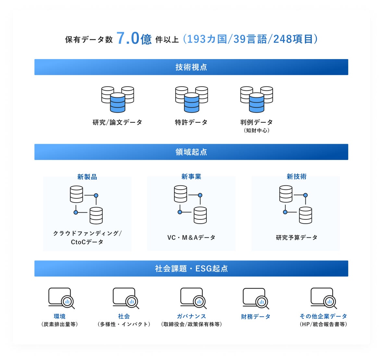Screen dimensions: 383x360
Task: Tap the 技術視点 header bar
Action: click(191, 67)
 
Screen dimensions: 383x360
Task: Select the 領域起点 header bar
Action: click(191, 152)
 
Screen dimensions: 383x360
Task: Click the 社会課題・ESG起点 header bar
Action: click(191, 268)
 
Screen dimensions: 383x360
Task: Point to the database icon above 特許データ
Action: click(191, 99)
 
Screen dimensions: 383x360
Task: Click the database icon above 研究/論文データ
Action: click(117, 99)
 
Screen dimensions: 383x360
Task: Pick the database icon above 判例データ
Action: click(256, 99)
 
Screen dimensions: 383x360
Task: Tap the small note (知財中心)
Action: click(256, 130)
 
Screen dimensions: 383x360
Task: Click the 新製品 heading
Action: click(87, 177)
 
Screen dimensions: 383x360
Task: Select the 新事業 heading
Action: click(191, 177)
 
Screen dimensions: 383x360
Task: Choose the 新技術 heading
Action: click(296, 177)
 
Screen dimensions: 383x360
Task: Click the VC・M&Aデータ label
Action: click(191, 238)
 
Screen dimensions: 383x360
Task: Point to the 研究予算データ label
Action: click(296, 238)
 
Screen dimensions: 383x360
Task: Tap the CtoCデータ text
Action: click(87, 242)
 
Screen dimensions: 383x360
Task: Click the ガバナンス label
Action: click(191, 316)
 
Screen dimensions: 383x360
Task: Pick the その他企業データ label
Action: click(323, 316)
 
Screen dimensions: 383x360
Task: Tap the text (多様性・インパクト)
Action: click(124, 324)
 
